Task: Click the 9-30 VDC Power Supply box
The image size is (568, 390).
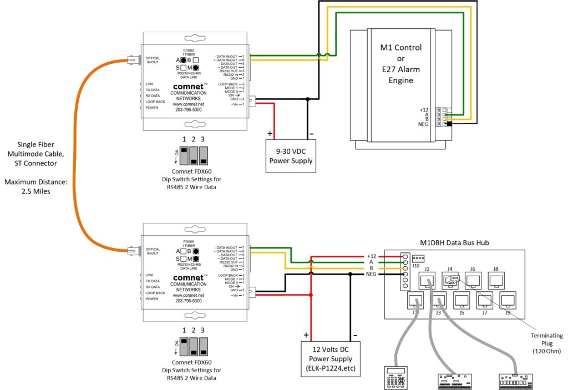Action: click(x=291, y=156)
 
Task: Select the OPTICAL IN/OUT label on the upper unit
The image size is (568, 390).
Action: click(x=153, y=60)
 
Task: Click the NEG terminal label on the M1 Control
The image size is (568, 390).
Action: click(x=423, y=124)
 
